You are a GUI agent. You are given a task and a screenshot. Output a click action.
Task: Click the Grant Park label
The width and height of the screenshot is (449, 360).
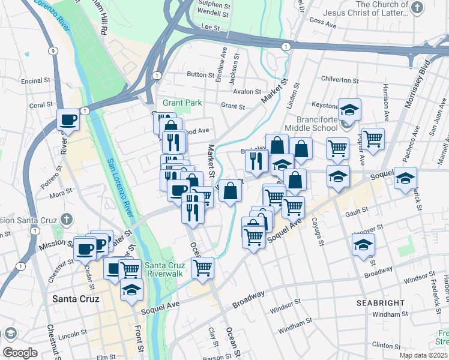pyautogui.click(x=182, y=103)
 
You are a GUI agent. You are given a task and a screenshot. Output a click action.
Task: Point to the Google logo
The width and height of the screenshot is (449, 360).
pyautogui.click(x=20, y=352)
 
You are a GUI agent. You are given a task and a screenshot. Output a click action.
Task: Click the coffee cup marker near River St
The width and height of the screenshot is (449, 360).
pyautogui.click(x=68, y=121)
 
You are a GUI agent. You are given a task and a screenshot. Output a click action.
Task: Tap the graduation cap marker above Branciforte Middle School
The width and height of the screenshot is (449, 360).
pyautogui.click(x=349, y=110)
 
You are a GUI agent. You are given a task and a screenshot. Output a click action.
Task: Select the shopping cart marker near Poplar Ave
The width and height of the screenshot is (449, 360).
pyautogui.click(x=373, y=139)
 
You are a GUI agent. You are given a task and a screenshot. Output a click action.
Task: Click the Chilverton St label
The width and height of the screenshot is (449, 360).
pyautogui.click(x=340, y=79)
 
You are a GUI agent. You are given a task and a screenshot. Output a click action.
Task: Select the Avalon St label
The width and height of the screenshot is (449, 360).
pyautogui.click(x=247, y=92)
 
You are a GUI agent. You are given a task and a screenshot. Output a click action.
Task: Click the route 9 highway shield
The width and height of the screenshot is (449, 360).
pyautogui.click(x=55, y=51)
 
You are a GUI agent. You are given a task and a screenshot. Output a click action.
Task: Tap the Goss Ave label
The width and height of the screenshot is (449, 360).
pyautogui.click(x=324, y=23)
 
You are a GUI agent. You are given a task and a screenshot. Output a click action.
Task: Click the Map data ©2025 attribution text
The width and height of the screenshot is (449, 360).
pyautogui.click(x=423, y=355)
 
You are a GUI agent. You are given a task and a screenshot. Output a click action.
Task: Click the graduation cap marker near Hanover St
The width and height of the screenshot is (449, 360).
pyautogui.click(x=363, y=245)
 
